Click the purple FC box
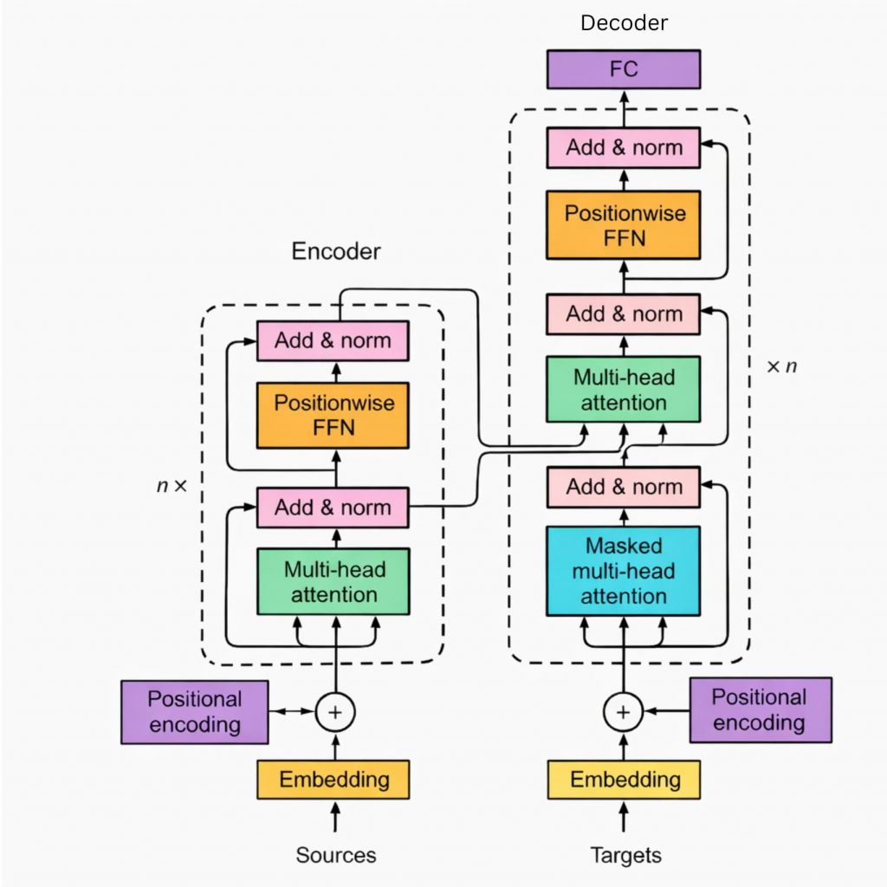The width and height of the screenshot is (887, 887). click(623, 68)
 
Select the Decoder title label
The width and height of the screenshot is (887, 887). click(624, 23)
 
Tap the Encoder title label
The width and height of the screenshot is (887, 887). click(336, 252)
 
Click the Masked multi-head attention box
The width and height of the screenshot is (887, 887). click(623, 571)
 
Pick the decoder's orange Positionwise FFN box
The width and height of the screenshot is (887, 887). click(623, 225)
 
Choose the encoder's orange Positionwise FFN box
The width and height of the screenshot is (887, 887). click(333, 415)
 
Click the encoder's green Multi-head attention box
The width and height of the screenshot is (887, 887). click(333, 582)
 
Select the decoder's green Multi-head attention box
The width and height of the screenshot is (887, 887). click(623, 390)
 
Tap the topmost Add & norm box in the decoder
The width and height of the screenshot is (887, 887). click(623, 147)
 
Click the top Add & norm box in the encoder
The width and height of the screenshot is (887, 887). click(333, 340)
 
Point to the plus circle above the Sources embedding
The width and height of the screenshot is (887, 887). click(335, 712)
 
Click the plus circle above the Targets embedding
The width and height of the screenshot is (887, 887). click(623, 712)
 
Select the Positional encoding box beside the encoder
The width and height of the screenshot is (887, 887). click(194, 712)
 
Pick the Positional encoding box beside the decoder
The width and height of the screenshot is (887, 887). click(760, 710)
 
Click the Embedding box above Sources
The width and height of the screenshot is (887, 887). click(333, 779)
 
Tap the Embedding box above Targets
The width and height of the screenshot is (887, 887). click(623, 779)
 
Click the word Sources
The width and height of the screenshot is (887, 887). click(336, 856)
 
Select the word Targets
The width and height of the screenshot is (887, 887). click(625, 856)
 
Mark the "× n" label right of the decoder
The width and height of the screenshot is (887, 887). click(781, 366)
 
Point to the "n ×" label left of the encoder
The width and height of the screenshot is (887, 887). click(171, 486)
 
